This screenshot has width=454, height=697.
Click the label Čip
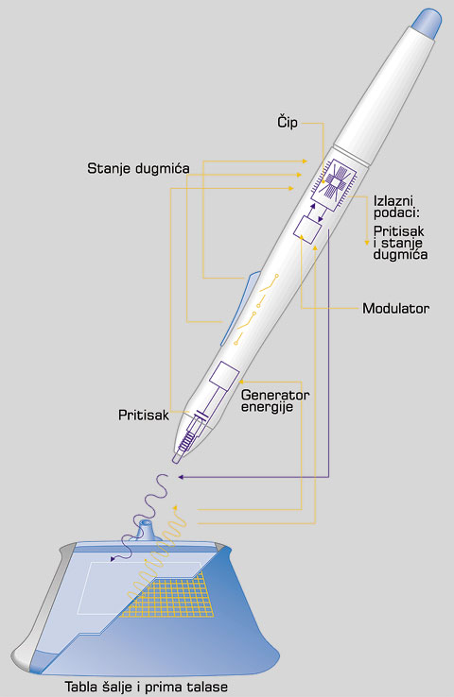tap(288, 122)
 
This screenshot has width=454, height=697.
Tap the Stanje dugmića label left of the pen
tap(138, 168)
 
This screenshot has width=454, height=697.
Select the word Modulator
tap(395, 309)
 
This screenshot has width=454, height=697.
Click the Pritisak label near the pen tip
tap(144, 416)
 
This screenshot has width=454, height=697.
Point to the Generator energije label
tap(275, 401)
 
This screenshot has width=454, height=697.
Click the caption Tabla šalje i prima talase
tap(147, 687)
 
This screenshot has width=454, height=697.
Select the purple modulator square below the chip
tap(307, 229)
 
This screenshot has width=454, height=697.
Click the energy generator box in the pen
tap(224, 376)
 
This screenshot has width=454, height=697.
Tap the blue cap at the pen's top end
tap(427, 24)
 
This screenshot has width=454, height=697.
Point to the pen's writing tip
tap(177, 459)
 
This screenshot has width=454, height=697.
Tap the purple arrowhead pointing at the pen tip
tap(181, 477)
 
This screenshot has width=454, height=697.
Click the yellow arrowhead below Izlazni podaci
tap(367, 243)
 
